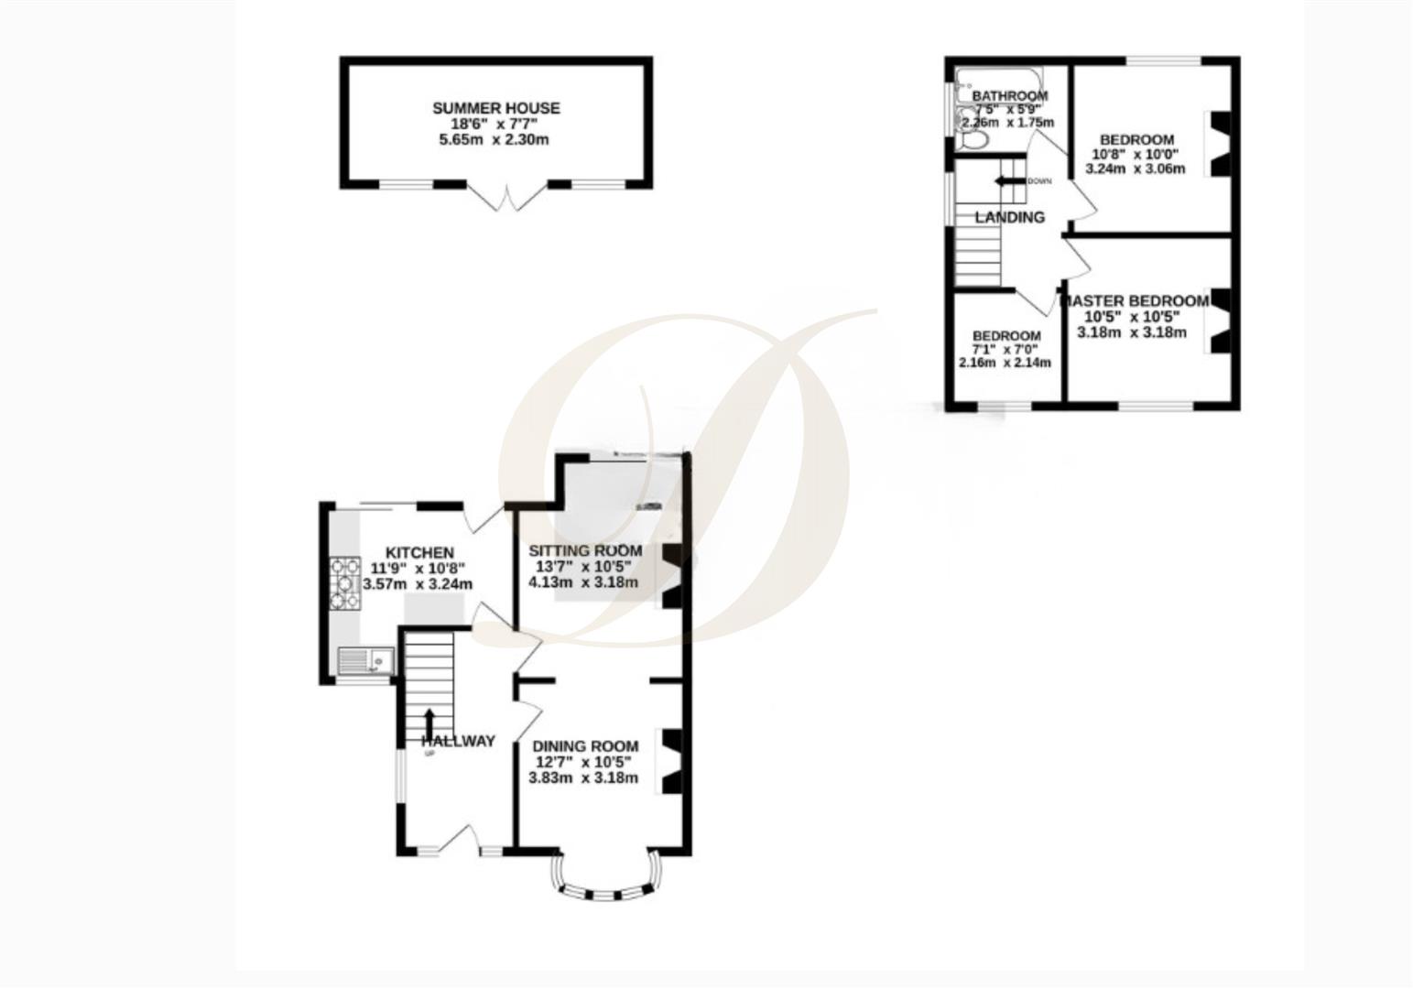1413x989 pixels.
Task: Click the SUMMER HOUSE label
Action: [495, 108]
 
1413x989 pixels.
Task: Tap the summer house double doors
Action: [505, 197]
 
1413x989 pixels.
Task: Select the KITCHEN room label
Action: [419, 553]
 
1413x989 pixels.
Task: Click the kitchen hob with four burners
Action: [345, 582]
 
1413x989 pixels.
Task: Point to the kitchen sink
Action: [365, 659]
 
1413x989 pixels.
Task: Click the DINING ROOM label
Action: [585, 746]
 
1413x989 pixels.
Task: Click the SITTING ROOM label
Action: [585, 551]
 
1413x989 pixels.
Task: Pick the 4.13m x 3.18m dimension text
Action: [583, 582]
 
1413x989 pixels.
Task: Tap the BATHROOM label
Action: [1009, 96]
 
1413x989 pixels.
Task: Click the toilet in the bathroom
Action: [972, 139]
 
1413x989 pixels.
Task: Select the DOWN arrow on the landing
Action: [1009, 180]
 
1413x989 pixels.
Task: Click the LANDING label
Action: [1009, 217]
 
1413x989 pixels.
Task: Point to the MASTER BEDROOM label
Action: [1135, 301]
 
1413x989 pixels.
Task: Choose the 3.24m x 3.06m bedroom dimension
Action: [1135, 169]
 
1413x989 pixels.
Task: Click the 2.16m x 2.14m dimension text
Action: [1005, 363]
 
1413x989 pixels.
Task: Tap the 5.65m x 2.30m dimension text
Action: [495, 140]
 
